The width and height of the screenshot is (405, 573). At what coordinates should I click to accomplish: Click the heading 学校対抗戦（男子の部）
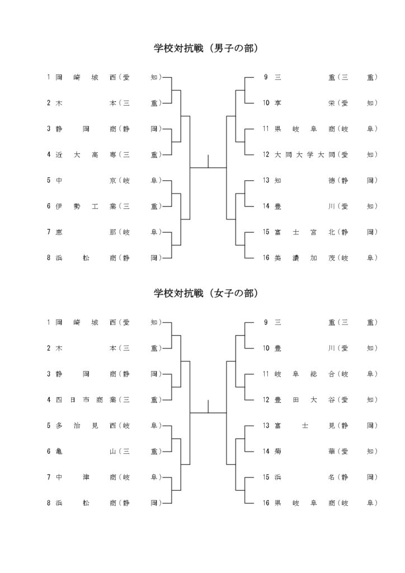tap(206, 48)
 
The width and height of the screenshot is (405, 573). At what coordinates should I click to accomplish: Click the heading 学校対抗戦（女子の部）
tap(206, 293)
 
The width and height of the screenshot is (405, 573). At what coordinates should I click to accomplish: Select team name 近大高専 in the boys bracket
tap(86, 154)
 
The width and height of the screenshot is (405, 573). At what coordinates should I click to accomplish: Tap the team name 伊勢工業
tap(86, 206)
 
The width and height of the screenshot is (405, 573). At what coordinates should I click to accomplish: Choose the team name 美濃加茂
tap(304, 257)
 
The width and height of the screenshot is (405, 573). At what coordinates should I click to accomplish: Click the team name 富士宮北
tap(304, 232)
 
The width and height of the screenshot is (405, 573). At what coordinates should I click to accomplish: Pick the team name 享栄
tap(304, 103)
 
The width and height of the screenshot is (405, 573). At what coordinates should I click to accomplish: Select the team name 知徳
tap(304, 180)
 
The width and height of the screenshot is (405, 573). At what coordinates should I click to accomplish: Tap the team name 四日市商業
tap(86, 400)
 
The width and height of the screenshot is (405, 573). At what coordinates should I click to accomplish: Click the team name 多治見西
tap(86, 425)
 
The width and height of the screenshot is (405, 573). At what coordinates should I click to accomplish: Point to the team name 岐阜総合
tap(304, 374)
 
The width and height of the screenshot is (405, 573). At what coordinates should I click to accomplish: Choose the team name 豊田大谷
tap(304, 400)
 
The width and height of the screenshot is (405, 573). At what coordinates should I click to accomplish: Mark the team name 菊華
tap(304, 452)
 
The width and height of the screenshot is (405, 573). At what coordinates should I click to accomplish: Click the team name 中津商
tap(86, 477)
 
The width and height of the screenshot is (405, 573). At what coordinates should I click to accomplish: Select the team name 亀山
tap(86, 452)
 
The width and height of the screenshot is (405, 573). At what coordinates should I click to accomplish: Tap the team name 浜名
tap(304, 477)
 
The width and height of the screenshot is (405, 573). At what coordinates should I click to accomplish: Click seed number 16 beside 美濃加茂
tap(266, 257)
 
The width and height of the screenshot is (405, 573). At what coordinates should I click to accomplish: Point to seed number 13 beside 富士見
tap(266, 425)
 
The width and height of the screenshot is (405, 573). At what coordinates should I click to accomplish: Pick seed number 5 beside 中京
tap(49, 180)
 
